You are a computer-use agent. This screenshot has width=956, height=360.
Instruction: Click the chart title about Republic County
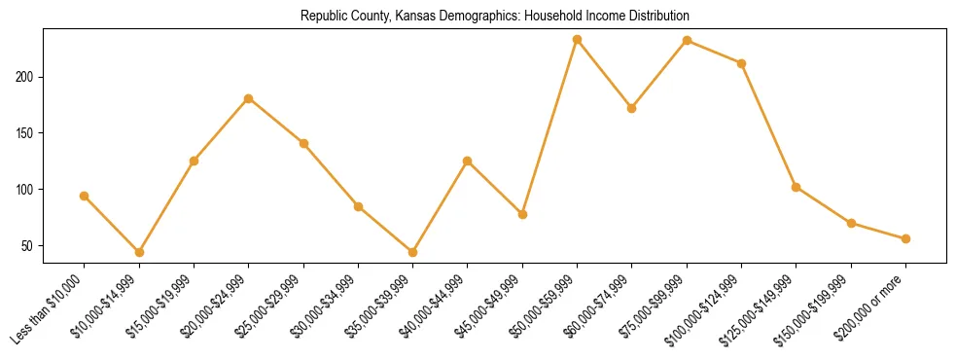click(x=495, y=17)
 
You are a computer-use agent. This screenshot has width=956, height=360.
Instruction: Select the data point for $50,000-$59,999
click(x=578, y=40)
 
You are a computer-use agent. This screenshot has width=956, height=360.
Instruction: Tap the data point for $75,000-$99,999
click(x=688, y=41)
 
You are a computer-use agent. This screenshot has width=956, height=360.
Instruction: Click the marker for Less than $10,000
click(x=85, y=196)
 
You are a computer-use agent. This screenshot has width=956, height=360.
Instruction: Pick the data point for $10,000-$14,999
click(x=139, y=252)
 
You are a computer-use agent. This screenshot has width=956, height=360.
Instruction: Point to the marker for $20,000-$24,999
click(x=249, y=98)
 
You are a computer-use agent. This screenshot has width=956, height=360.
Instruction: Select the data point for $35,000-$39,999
click(x=413, y=252)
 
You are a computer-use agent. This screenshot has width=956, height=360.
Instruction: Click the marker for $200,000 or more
click(x=906, y=238)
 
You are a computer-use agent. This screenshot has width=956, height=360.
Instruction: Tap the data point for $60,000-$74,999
click(x=632, y=108)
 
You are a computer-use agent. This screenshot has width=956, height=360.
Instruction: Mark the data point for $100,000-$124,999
click(x=742, y=63)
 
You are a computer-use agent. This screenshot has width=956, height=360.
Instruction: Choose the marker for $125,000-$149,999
click(x=797, y=187)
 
